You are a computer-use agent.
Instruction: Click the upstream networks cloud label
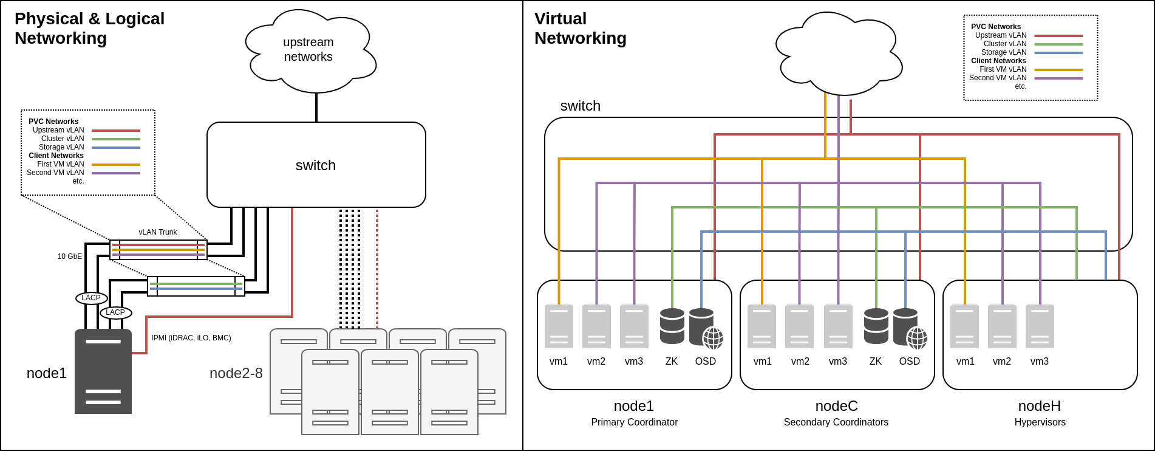(308, 50)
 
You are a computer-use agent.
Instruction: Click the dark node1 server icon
(103, 371)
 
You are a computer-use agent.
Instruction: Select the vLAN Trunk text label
(158, 232)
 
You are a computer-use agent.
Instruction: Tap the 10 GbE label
(70, 256)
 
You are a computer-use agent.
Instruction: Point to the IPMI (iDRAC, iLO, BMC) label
(191, 338)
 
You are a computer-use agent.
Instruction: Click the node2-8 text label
(236, 373)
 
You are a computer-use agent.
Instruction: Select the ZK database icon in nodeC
(876, 326)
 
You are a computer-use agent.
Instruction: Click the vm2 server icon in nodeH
(1002, 326)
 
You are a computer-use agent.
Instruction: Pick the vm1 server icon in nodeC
(761, 326)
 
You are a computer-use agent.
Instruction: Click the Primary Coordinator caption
(634, 422)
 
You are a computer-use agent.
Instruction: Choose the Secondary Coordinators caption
(836, 422)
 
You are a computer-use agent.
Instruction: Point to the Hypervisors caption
(1040, 422)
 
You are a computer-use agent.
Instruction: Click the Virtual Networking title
(580, 29)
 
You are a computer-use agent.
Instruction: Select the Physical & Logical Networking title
(89, 29)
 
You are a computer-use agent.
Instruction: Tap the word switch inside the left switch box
(316, 165)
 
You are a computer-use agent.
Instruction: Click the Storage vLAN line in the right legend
(1058, 53)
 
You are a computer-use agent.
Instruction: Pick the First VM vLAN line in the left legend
(116, 165)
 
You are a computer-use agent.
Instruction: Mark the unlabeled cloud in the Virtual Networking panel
(839, 55)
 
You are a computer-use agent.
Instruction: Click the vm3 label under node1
(634, 361)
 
